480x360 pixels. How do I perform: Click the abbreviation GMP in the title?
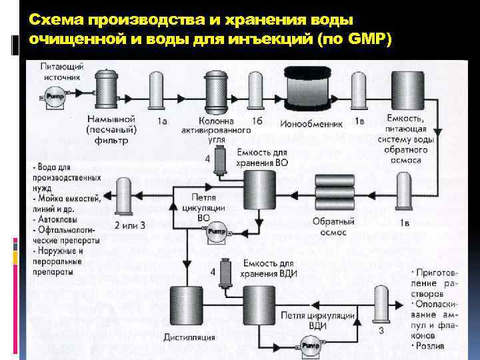[x=367, y=38]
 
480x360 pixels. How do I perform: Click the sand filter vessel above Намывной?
[x=107, y=89]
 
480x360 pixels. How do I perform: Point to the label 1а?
[x=162, y=122]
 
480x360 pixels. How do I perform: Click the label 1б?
[x=257, y=122]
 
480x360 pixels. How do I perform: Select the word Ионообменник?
[x=317, y=123]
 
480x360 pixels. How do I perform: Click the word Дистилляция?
[x=190, y=337]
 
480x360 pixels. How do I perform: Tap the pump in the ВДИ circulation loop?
[x=309, y=346]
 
